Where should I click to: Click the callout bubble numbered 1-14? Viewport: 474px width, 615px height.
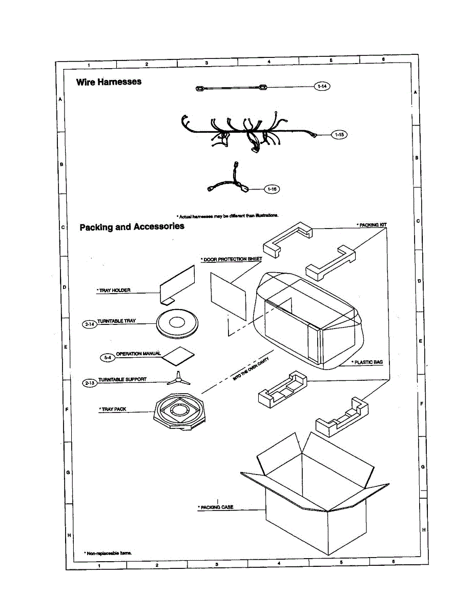click(x=322, y=87)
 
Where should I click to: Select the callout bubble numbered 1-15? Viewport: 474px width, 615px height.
click(x=339, y=135)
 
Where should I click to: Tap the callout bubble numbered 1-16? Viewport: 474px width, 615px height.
click(x=272, y=189)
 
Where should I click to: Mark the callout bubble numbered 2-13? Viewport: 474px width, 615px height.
click(x=89, y=382)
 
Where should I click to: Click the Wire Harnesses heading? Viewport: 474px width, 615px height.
click(x=109, y=82)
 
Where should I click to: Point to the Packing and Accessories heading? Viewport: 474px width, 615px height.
click(x=132, y=227)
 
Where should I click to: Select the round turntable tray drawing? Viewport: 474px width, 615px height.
click(x=177, y=323)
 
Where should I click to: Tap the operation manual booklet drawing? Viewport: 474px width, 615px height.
click(x=179, y=355)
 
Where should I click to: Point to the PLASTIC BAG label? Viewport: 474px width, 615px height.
click(x=367, y=362)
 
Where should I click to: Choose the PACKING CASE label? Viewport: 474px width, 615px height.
click(x=216, y=507)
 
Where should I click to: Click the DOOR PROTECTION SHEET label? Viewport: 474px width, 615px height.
click(x=232, y=259)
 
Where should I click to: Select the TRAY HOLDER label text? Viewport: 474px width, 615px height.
click(x=114, y=291)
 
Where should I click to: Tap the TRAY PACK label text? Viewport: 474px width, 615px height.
click(x=113, y=409)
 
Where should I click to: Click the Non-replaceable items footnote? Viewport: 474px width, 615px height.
click(x=108, y=553)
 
